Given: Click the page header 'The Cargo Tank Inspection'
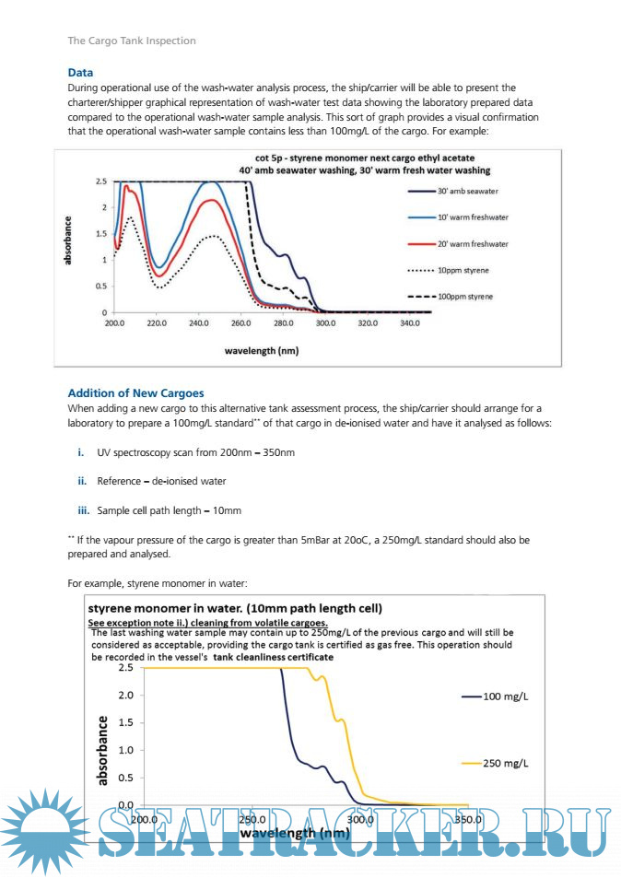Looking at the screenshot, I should point(131,41).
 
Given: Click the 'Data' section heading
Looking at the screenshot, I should point(80,73).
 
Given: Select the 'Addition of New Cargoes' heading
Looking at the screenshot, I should point(135,393).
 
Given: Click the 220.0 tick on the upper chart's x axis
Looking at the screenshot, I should point(157,324).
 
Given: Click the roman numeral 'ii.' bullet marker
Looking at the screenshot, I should point(81,481).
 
